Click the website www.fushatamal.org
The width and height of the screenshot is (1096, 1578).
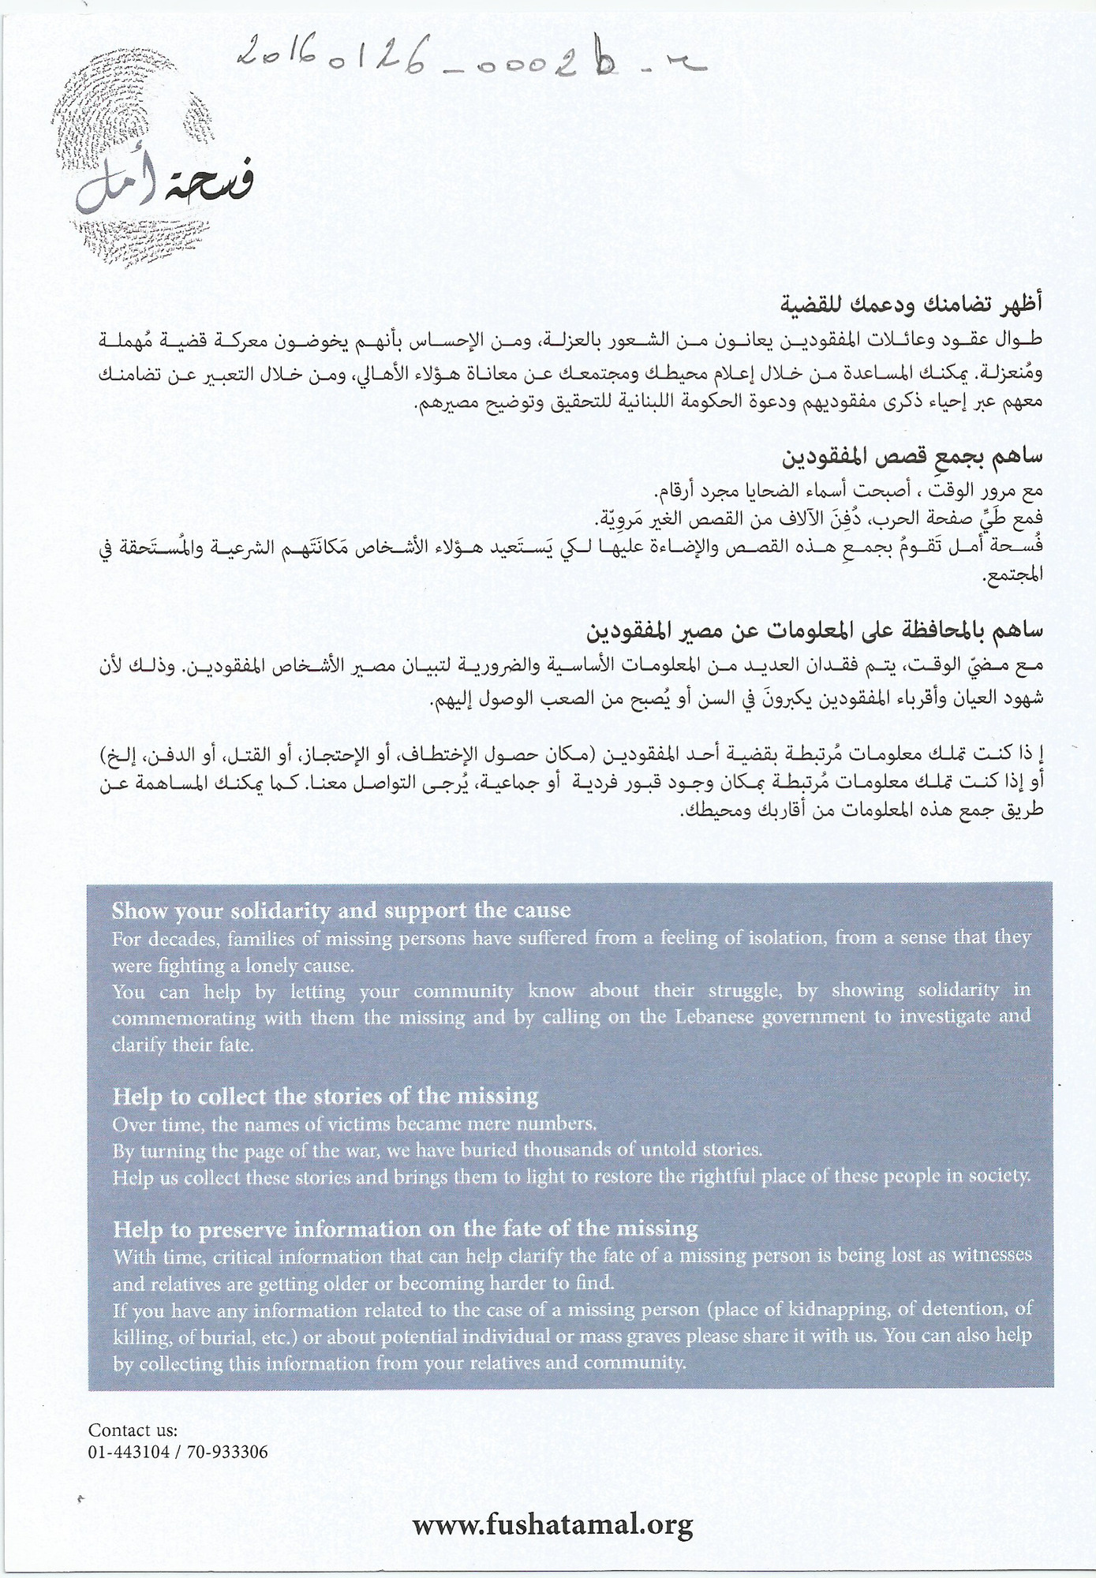(x=552, y=1523)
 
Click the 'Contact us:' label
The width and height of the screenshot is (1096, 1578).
(x=133, y=1430)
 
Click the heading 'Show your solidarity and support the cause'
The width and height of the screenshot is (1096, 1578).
(x=341, y=910)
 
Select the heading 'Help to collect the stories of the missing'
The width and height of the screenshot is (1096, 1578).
(x=325, y=1096)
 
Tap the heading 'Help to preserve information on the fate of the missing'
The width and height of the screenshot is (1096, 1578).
(x=405, y=1228)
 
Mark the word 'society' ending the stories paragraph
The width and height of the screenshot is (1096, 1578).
(x=1001, y=1176)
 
